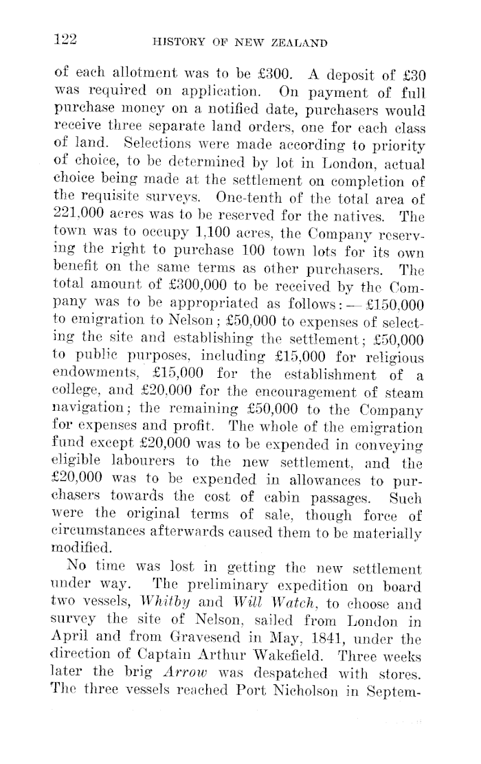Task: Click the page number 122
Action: pos(65,40)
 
